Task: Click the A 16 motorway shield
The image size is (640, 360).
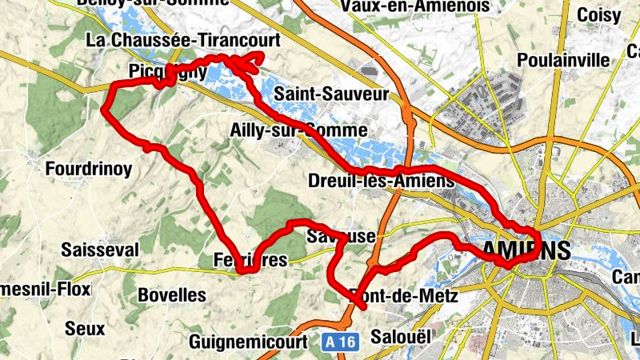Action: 340,342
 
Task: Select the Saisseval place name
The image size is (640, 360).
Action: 100,250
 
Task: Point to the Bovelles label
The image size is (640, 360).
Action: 172,295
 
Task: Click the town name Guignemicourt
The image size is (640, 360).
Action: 249,342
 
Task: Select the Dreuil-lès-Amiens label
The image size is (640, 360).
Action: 381,182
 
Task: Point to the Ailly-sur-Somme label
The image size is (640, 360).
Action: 298,130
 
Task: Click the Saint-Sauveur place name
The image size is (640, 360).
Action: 331,94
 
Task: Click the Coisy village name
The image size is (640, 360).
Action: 599,15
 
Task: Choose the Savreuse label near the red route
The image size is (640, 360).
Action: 340,237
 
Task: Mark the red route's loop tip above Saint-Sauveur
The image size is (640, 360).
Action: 260,56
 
